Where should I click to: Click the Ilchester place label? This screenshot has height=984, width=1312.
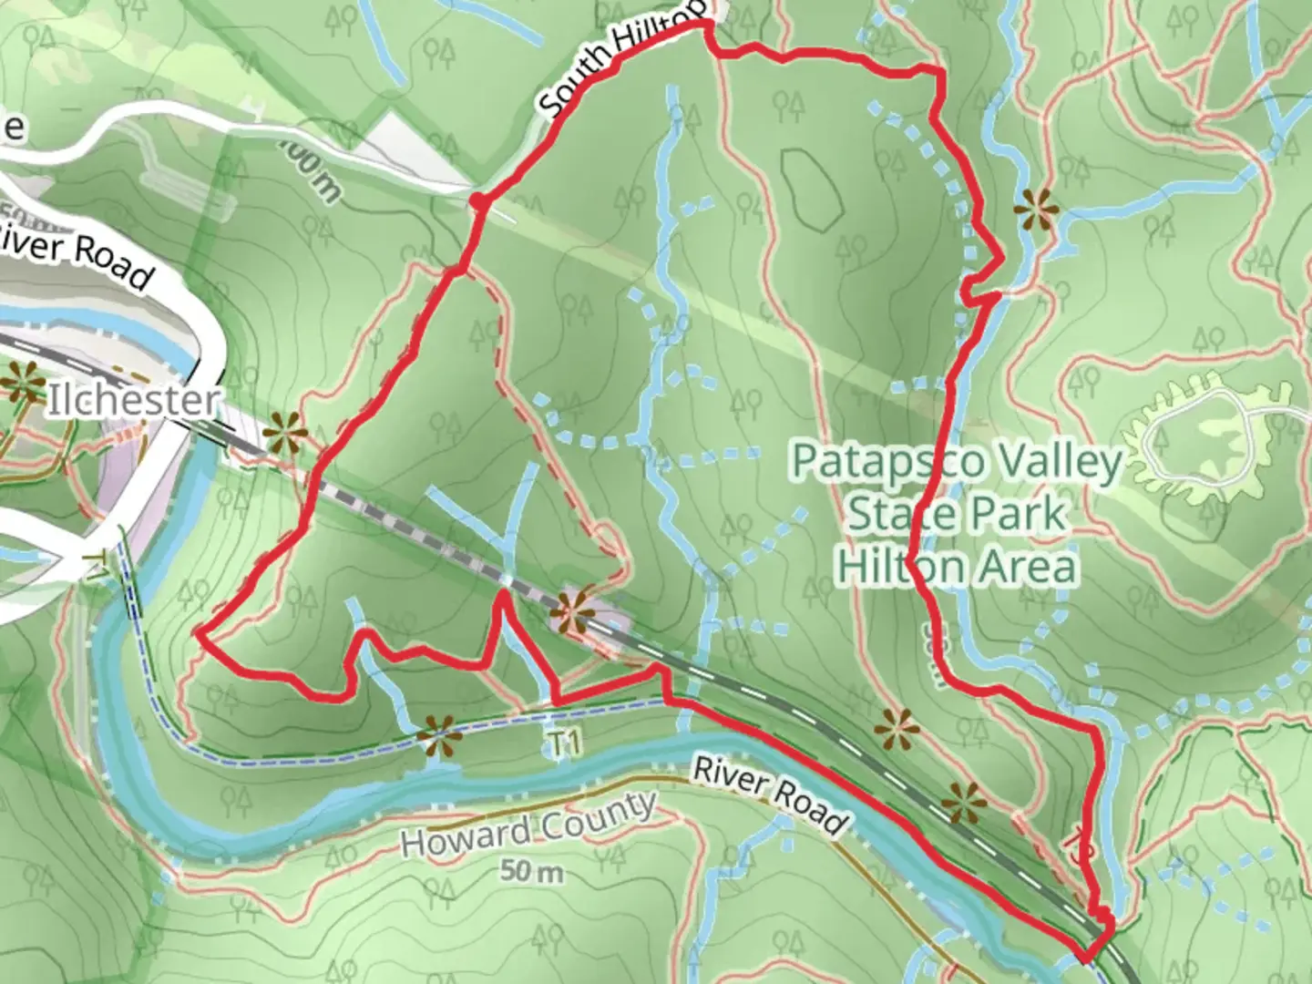[133, 401]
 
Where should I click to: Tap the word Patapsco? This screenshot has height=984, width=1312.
[875, 461]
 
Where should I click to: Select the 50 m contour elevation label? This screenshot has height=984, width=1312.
[532, 871]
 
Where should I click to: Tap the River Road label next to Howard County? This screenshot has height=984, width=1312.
[769, 794]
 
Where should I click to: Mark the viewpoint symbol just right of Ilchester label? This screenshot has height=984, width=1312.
[283, 434]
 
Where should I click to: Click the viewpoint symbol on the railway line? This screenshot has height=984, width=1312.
[574, 610]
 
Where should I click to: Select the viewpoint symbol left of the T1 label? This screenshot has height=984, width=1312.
[438, 736]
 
